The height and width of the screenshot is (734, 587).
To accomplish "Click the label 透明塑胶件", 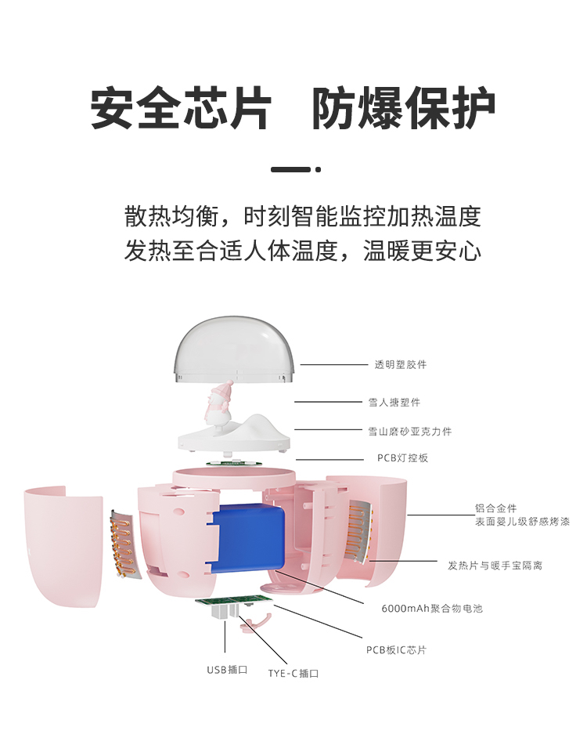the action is pyautogui.click(x=401, y=365).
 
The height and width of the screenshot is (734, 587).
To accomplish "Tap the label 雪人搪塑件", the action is pyautogui.click(x=394, y=402).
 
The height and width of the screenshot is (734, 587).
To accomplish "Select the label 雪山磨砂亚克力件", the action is pyautogui.click(x=410, y=431).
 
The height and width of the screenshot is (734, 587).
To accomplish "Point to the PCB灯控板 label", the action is pyautogui.click(x=403, y=457).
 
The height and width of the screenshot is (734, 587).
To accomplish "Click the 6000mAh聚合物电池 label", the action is pyautogui.click(x=432, y=609).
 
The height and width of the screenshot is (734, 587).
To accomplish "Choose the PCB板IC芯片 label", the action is pyautogui.click(x=396, y=649).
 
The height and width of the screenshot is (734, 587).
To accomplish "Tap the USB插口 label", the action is pyautogui.click(x=227, y=670).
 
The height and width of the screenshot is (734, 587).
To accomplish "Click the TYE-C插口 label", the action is pyautogui.click(x=293, y=673).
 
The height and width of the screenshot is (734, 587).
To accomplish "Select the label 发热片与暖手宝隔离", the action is pyautogui.click(x=495, y=566).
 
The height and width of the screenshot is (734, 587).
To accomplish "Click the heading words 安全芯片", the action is pyautogui.click(x=181, y=108).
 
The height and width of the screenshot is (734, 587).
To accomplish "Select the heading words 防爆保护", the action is pyautogui.click(x=404, y=108).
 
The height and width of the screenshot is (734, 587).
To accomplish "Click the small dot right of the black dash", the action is pyautogui.click(x=319, y=169).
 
